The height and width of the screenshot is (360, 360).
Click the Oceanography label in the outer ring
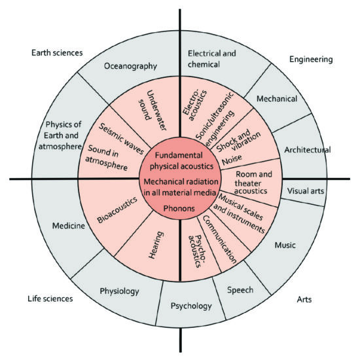tap(130, 66)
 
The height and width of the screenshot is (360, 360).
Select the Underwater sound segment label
tap(153, 110)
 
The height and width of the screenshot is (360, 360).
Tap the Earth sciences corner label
tap(57, 53)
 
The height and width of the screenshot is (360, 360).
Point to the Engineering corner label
tap(311, 60)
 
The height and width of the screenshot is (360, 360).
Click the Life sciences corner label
tap(50, 298)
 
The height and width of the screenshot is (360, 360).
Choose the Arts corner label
tap(304, 299)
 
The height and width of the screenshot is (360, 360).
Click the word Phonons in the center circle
tap(179, 208)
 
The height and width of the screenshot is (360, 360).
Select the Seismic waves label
tap(121, 139)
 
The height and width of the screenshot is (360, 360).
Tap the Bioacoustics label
tap(117, 210)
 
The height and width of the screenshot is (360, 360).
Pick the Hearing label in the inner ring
tap(156, 245)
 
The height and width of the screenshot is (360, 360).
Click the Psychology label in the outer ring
tap(191, 306)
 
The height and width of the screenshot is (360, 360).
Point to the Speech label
tap(240, 290)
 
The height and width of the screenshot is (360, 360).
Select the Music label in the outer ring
tap(285, 245)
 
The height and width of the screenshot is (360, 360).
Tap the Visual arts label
tap(306, 191)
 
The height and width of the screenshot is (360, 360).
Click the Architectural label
tap(308, 150)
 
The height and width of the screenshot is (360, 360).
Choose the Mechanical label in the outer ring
tap(277, 99)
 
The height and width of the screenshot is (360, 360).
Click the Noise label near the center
tap(232, 160)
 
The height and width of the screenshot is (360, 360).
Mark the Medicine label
tap(69, 226)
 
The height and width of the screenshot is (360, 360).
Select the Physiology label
tap(119, 291)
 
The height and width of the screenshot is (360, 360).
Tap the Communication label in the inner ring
tap(219, 240)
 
